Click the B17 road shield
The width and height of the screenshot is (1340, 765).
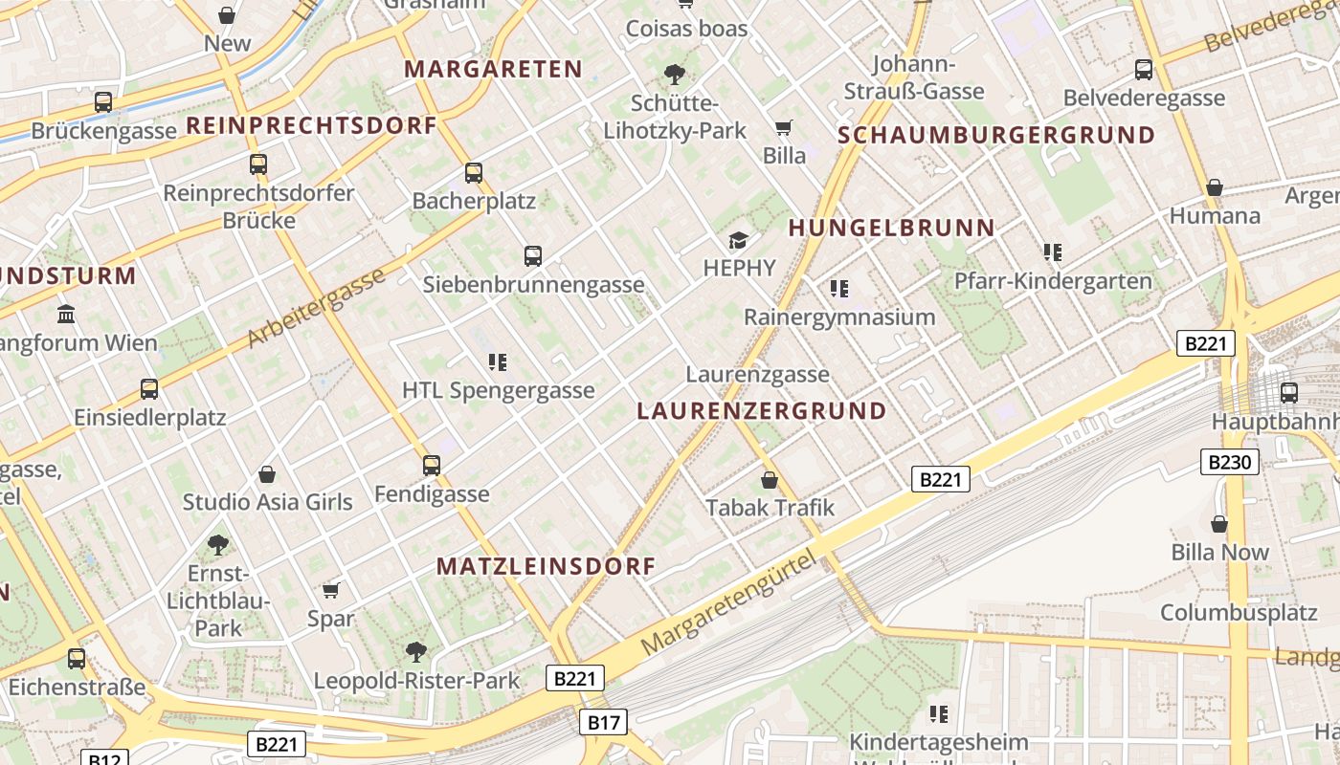pyautogui.click(x=604, y=722)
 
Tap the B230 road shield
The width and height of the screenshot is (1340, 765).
pyautogui.click(x=1229, y=463)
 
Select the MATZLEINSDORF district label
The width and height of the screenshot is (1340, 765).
pyautogui.click(x=546, y=566)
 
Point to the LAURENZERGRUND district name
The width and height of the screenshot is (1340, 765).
pyautogui.click(x=762, y=411)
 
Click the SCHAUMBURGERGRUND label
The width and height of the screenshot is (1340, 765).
pyautogui.click(x=996, y=136)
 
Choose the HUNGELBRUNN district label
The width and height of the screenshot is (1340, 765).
pyautogui.click(x=891, y=228)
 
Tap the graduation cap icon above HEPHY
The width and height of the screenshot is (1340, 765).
pyautogui.click(x=738, y=240)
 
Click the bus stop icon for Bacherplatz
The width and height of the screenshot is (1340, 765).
pyautogui.click(x=474, y=173)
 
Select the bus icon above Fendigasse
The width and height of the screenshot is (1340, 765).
pyautogui.click(x=432, y=466)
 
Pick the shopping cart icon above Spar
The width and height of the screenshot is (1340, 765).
pyautogui.click(x=331, y=590)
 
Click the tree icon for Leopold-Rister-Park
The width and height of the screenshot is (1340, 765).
pyautogui.click(x=416, y=652)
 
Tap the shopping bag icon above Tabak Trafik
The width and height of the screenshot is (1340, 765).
pyautogui.click(x=770, y=479)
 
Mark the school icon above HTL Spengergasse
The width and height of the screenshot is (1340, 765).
pyautogui.click(x=498, y=361)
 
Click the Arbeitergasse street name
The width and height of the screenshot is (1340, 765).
pyautogui.click(x=316, y=307)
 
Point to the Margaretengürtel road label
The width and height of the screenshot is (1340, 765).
pyautogui.click(x=731, y=602)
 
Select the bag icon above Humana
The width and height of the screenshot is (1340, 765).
pyautogui.click(x=1215, y=187)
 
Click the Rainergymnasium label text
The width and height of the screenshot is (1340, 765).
pyautogui.click(x=839, y=317)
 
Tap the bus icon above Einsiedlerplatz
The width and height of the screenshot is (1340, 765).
pyautogui.click(x=149, y=389)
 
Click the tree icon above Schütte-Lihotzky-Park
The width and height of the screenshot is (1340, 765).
pyautogui.click(x=675, y=74)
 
